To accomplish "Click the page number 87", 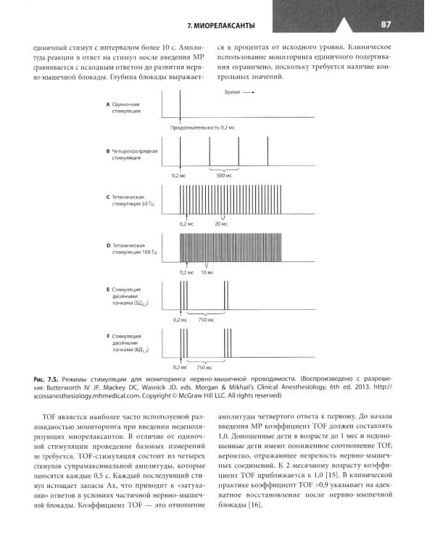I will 386,25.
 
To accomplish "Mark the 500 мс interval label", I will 223,175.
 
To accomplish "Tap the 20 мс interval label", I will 223,224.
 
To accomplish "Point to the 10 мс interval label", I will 207,272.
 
